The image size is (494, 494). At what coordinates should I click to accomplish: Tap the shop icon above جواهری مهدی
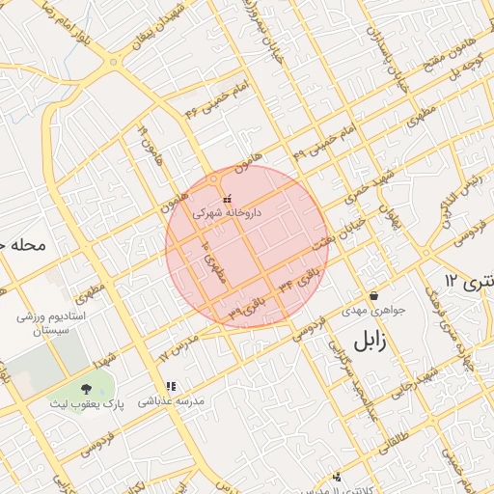(373, 295)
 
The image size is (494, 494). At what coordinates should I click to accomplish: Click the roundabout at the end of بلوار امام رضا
(115, 63)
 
